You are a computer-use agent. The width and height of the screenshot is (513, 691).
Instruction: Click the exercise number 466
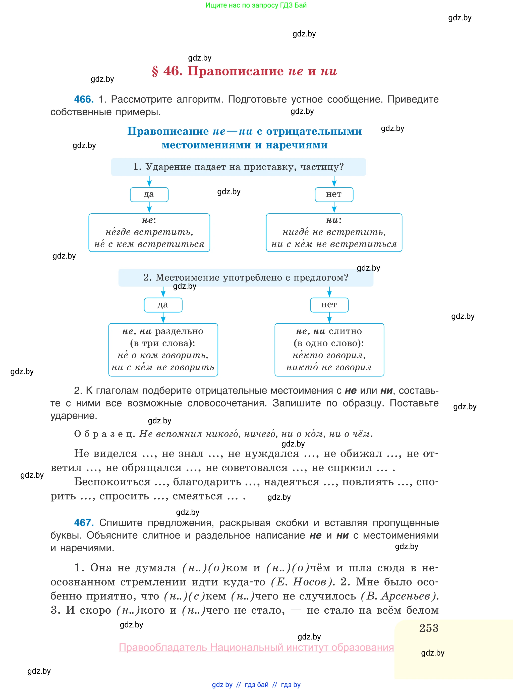pos(84,100)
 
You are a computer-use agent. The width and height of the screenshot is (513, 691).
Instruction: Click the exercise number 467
pos(84,523)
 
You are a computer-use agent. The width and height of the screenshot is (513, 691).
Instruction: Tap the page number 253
pos(429,628)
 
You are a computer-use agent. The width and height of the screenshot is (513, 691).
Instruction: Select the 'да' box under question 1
pos(149,194)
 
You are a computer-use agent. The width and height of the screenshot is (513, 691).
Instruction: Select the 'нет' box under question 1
pos(334,194)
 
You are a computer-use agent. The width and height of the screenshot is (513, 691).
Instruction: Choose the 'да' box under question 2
pos(163,305)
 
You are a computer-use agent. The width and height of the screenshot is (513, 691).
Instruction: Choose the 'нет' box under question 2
pos(329,305)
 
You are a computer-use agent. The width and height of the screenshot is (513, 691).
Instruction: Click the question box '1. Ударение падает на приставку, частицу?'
pos(238,167)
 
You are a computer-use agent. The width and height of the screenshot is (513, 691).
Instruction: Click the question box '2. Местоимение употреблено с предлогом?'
pos(246,277)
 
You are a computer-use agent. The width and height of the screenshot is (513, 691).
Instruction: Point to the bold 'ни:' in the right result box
pos(333,220)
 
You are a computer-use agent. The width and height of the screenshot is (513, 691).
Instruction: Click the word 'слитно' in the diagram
pos(345,331)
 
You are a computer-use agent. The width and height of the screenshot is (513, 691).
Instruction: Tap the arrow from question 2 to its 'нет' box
pos(329,292)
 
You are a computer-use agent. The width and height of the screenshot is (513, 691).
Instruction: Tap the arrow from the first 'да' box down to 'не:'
pos(149,207)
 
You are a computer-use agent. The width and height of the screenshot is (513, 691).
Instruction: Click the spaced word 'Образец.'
pos(104,434)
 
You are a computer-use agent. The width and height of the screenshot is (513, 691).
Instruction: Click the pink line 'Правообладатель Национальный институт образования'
pos(256,647)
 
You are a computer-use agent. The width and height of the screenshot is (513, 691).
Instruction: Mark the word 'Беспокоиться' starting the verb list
pos(112,482)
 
